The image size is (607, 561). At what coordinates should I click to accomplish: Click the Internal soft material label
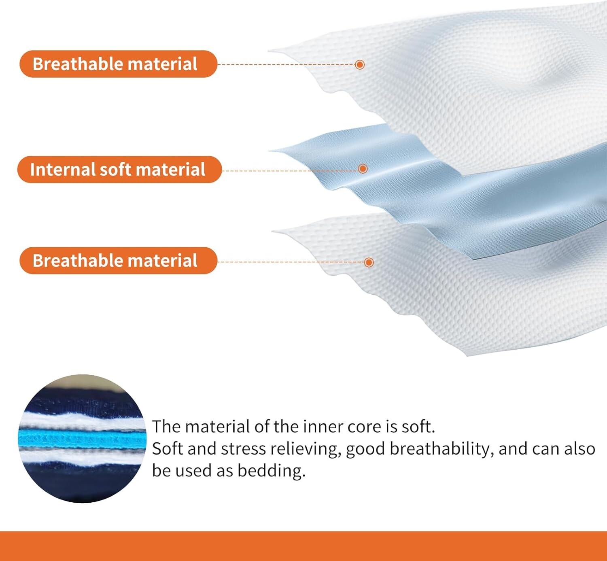pos(119,169)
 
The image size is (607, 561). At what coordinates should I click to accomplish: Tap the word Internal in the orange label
pos(63,169)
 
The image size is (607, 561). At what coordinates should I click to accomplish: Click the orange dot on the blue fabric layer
pos(363,168)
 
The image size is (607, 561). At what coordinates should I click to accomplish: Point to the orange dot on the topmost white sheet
pos(360,64)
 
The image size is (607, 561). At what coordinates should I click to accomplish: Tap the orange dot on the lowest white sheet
pos(369,262)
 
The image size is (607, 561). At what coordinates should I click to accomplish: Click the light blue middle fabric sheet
pos(458,195)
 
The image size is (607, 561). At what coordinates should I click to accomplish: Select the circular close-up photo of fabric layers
pos(83,438)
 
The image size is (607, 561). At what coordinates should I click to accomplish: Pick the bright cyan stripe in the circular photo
pos(83,439)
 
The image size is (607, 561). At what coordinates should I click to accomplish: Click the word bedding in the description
pos(272,470)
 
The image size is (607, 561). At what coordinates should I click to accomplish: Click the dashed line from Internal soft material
pos(290,170)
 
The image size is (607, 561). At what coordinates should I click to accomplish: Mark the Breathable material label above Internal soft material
pos(118,64)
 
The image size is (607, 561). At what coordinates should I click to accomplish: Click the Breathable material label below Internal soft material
pos(118,261)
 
